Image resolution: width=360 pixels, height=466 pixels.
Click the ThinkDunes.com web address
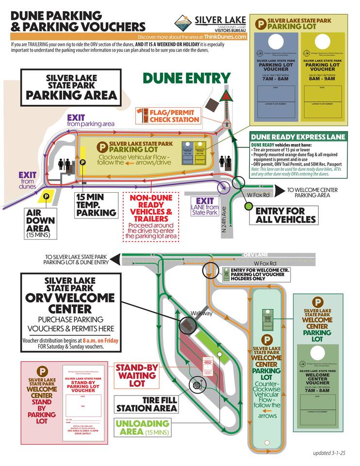click(x=225, y=36)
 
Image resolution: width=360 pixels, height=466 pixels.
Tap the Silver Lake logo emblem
click(x=183, y=22)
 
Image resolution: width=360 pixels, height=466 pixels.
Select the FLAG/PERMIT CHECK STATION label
click(x=174, y=116)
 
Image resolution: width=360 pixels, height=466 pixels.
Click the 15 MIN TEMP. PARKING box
click(x=96, y=205)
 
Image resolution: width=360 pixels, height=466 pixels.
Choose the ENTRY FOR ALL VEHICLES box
click(x=286, y=215)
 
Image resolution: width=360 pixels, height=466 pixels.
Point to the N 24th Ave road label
click(x=224, y=223)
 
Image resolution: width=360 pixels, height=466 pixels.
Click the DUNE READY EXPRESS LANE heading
click(x=298, y=137)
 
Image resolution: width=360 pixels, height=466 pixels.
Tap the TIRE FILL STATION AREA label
click(x=146, y=404)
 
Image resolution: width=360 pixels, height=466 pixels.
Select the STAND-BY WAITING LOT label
click(x=136, y=375)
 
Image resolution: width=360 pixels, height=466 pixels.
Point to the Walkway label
click(x=201, y=313)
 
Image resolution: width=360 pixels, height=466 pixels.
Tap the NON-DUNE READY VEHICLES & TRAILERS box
click(x=155, y=216)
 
